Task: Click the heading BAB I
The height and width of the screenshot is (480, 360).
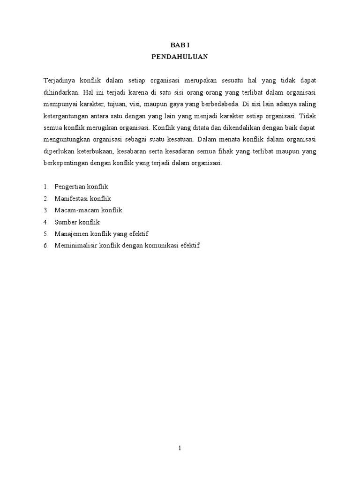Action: (180, 45)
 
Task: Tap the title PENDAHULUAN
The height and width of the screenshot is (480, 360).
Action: (180, 57)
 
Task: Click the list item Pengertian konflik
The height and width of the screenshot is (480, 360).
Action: (81, 187)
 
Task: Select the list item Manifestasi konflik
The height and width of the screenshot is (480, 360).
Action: (82, 198)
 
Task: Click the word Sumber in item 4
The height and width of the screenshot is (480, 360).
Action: (64, 222)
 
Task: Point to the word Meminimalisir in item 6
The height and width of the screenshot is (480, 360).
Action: (75, 246)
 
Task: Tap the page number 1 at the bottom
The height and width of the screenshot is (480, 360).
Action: (180, 448)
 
